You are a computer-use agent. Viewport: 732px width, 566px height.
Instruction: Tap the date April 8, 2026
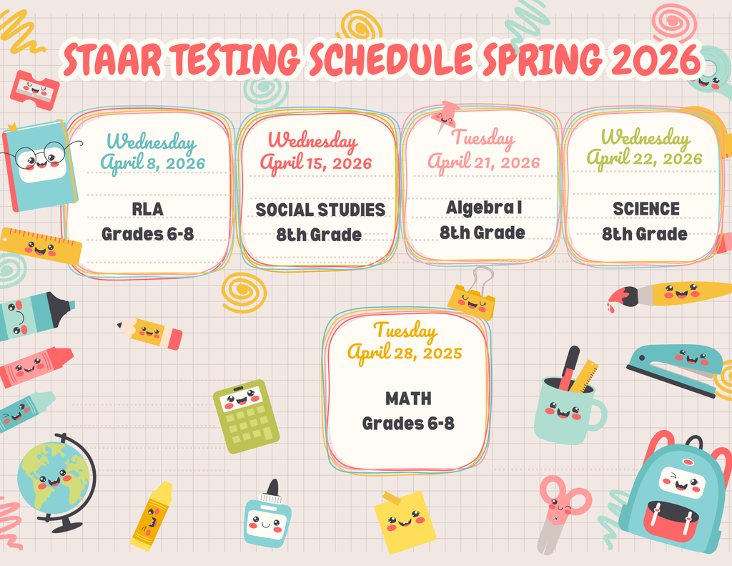click(x=152, y=163)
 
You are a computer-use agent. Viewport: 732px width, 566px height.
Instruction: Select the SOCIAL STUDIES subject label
click(x=320, y=210)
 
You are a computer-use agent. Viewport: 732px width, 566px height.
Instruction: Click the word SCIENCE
click(x=646, y=209)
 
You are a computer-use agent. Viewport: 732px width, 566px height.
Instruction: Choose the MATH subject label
click(x=408, y=398)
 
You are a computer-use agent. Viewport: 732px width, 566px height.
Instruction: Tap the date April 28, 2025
click(x=405, y=353)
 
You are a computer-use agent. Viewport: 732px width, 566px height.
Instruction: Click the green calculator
click(x=246, y=415)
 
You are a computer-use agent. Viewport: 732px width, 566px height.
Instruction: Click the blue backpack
click(x=676, y=494)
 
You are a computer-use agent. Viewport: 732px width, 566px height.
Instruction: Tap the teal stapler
click(x=673, y=365)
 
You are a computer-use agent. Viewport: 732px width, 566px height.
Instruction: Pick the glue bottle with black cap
click(x=267, y=517)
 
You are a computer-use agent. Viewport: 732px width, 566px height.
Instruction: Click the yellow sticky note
click(x=405, y=522)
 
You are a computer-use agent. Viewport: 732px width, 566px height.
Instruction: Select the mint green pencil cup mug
click(x=566, y=406)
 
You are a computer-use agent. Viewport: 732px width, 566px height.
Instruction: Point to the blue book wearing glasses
click(x=41, y=166)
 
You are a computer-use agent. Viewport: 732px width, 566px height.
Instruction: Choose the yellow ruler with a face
click(x=40, y=246)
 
